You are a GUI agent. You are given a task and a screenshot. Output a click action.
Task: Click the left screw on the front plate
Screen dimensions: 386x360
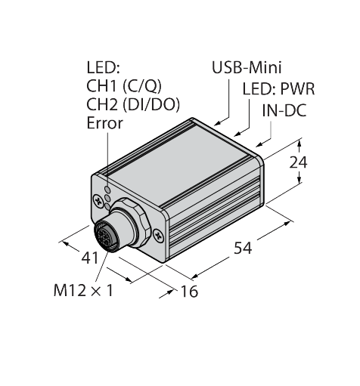(99, 200)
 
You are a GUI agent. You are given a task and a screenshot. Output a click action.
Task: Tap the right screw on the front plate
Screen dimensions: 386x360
(157, 235)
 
